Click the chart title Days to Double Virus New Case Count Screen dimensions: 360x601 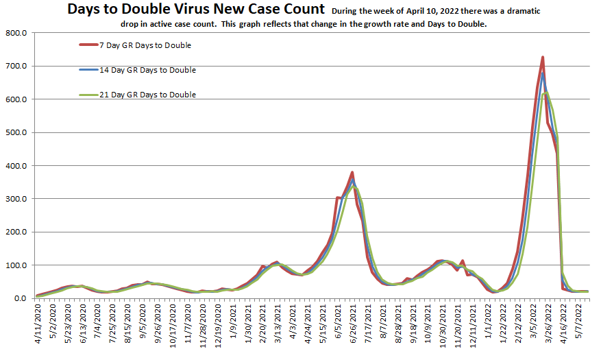coord(195,10)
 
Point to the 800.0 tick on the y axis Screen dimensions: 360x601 coord(14,33)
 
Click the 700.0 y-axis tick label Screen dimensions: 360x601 coord(14,67)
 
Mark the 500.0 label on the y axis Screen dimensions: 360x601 coord(14,132)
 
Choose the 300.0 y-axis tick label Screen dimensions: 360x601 coord(14,199)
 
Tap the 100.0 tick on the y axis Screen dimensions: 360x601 coord(14,265)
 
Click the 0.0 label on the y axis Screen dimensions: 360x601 coord(19,298)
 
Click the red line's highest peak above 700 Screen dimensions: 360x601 coord(543,58)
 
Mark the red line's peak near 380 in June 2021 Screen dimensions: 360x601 coord(352,172)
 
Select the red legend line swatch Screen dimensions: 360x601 coord(88,45)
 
